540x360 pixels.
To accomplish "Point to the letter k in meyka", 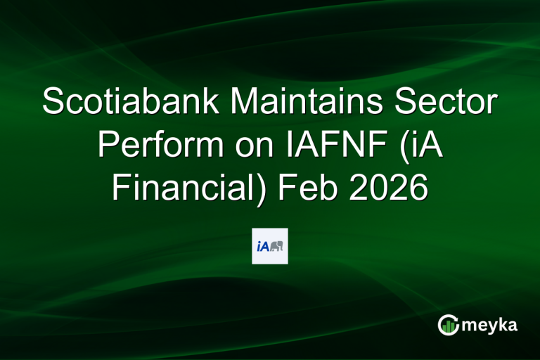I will pos(503,324).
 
